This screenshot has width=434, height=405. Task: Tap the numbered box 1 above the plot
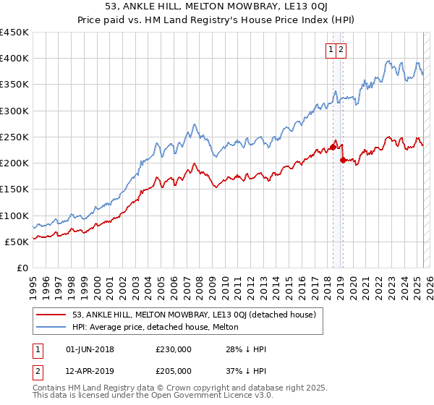[331, 50]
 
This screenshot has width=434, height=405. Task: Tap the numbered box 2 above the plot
[341, 50]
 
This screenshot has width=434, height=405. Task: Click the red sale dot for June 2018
[333, 148]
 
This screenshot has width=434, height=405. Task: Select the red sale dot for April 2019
[343, 161]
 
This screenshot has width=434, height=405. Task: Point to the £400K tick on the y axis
[15, 59]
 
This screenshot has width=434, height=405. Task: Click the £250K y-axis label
[15, 137]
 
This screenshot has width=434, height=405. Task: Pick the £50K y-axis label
[17, 242]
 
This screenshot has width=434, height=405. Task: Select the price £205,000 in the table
[174, 371]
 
